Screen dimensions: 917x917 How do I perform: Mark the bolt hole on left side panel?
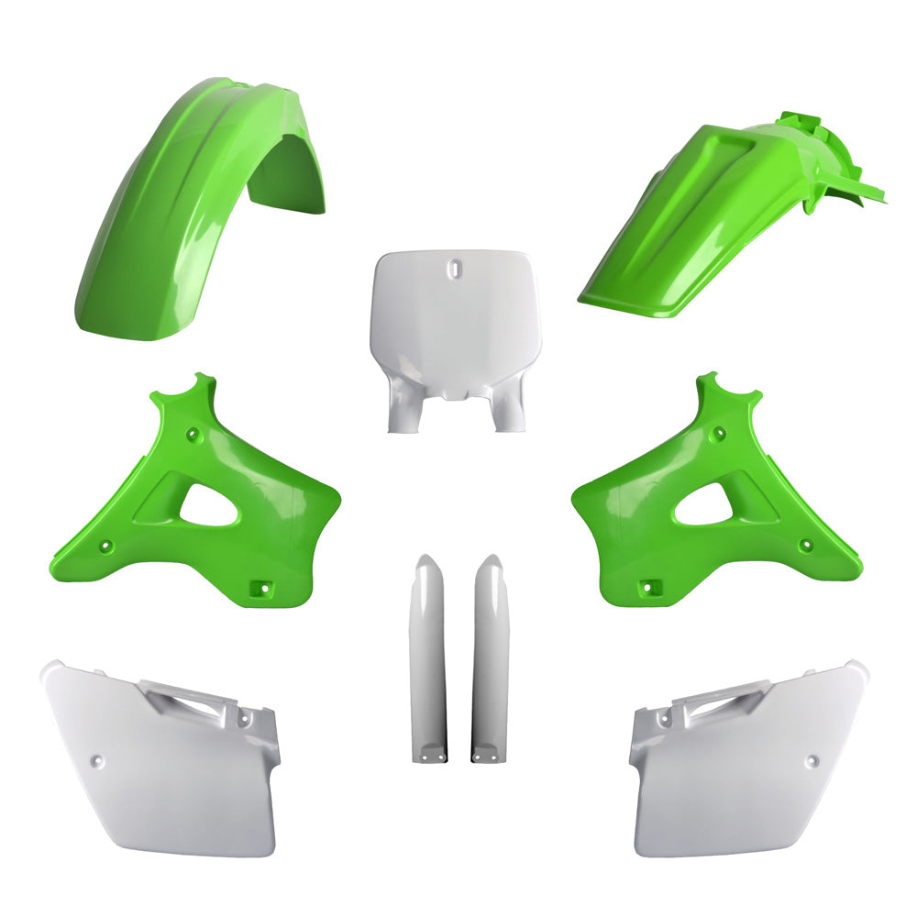100,760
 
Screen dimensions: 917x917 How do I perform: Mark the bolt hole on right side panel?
812,760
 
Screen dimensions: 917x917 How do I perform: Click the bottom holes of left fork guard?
428,757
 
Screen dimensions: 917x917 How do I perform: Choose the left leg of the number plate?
400,413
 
